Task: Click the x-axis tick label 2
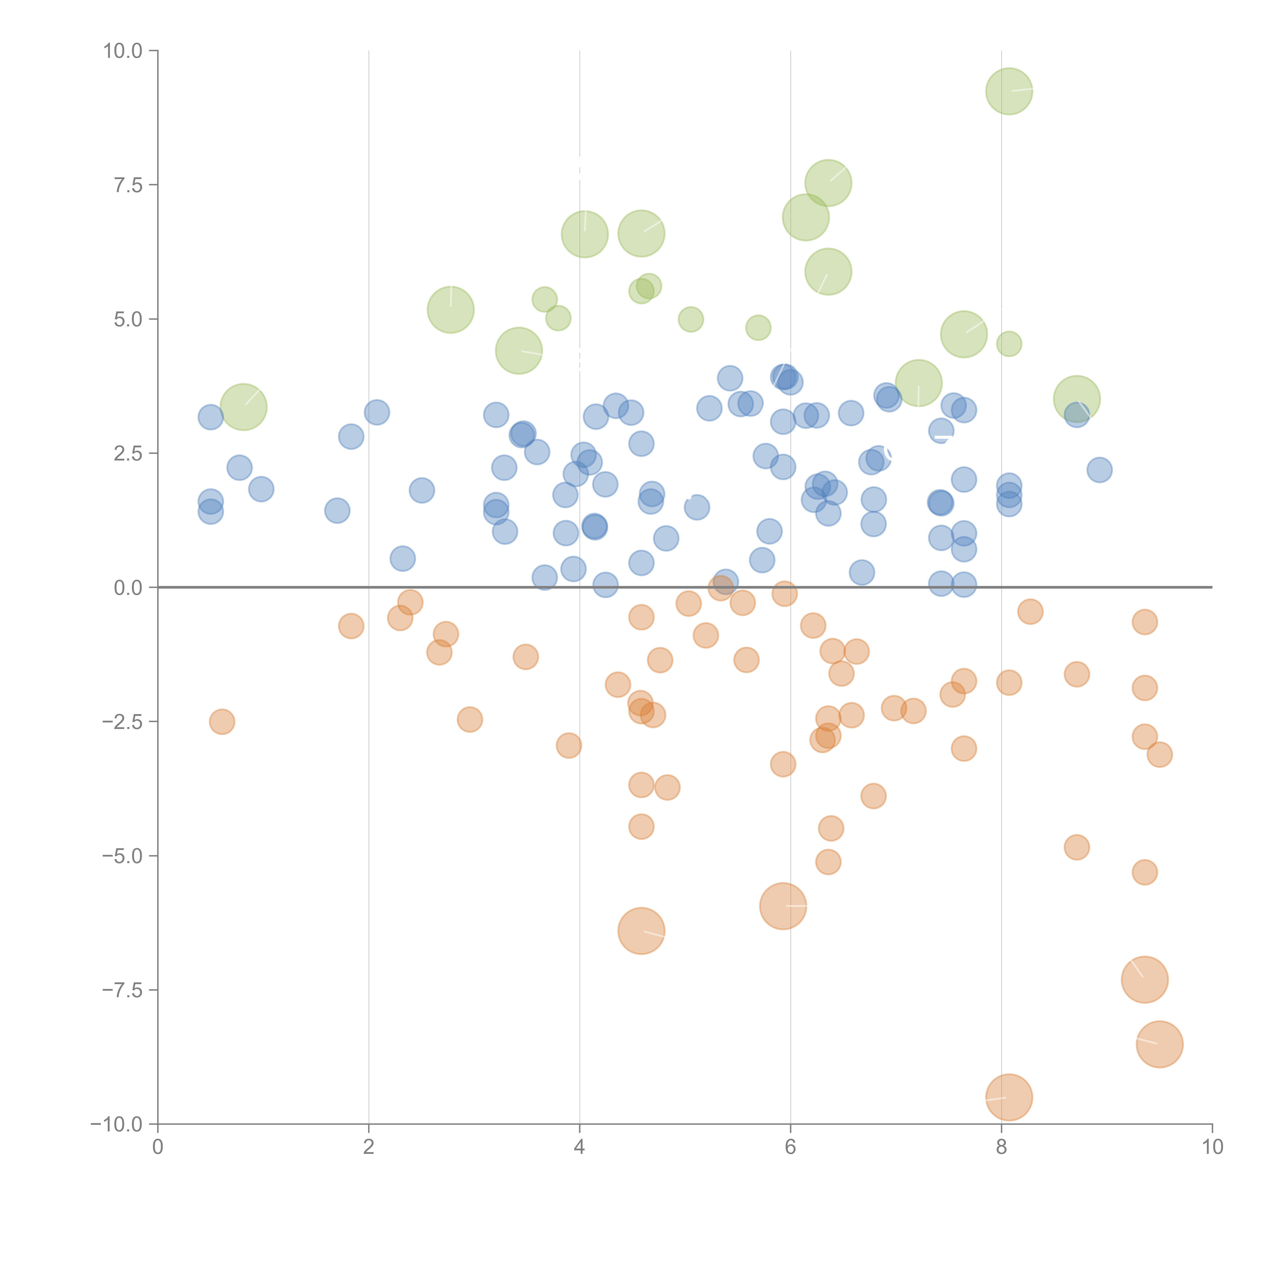[x=369, y=1147]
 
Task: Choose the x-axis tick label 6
[x=790, y=1147]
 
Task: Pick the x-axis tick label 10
[x=1212, y=1147]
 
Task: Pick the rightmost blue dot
[x=1100, y=469]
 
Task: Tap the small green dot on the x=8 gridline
[x=1009, y=344]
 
